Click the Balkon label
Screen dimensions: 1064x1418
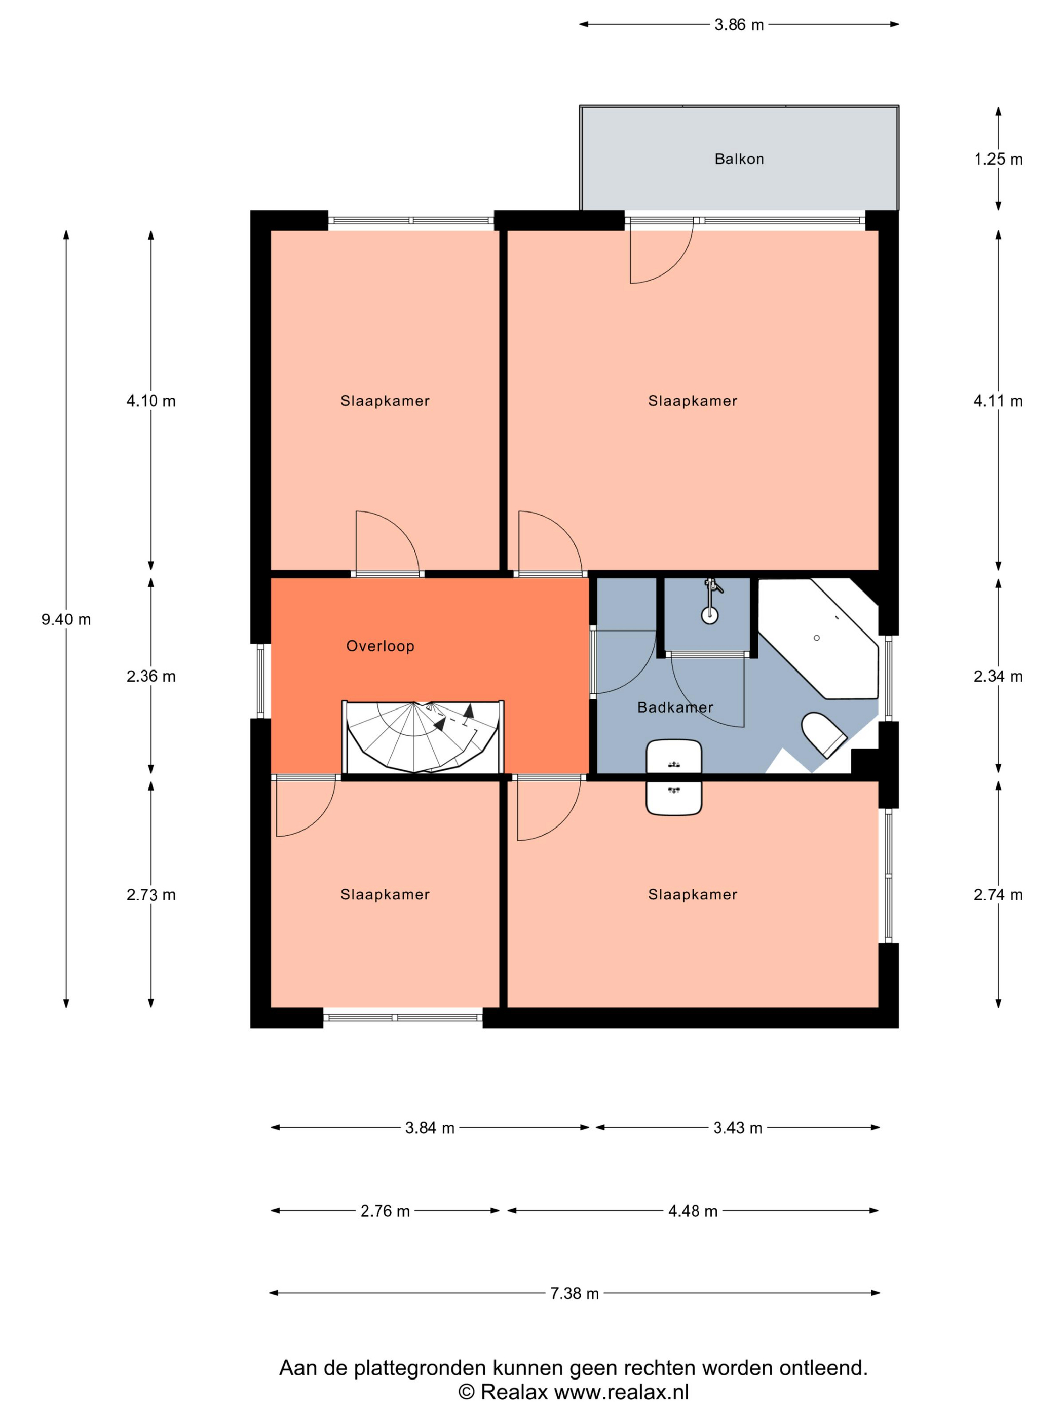click(739, 159)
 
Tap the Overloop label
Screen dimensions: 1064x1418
click(381, 646)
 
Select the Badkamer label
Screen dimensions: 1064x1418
click(675, 707)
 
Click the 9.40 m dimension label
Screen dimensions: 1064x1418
click(66, 620)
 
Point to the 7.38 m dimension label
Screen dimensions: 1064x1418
click(575, 1293)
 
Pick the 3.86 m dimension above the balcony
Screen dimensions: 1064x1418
click(739, 25)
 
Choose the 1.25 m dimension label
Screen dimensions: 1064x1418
click(999, 160)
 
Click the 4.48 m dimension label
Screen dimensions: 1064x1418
click(693, 1211)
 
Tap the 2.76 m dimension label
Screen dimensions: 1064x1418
click(385, 1211)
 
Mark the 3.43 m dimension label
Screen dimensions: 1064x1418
click(738, 1128)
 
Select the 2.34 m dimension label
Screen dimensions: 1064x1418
click(998, 676)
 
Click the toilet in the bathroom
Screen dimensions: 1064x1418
click(823, 735)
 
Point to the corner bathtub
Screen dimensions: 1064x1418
click(818, 639)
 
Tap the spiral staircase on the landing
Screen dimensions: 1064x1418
click(423, 737)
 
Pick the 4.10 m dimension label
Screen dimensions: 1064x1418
click(150, 401)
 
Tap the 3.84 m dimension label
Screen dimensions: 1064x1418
click(430, 1128)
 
